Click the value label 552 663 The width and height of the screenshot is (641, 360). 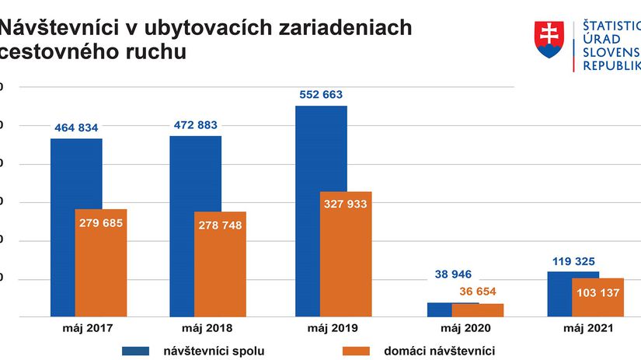pos(321,95)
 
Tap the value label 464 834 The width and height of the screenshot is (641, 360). pos(76,128)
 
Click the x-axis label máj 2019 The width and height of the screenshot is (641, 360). pos(334,328)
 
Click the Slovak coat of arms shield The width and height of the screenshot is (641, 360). pos(549,38)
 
